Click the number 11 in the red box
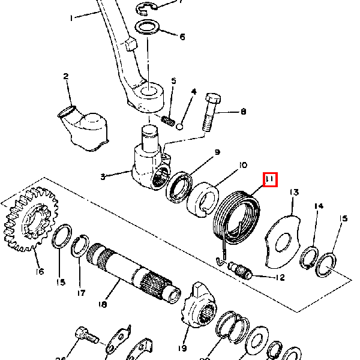269,179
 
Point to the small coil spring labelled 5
170,123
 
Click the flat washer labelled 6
146,28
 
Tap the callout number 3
103,176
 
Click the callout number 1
71,18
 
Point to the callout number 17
80,293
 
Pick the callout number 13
293,193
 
